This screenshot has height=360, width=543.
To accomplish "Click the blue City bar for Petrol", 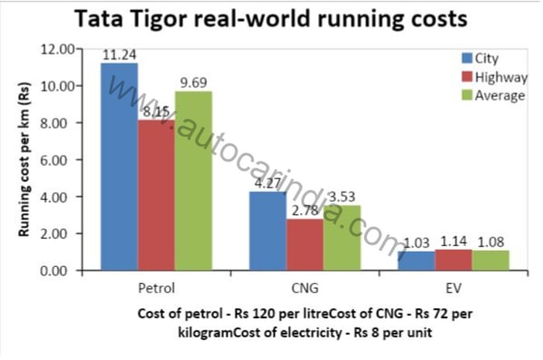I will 119,167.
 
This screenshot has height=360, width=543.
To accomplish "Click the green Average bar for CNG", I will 341,238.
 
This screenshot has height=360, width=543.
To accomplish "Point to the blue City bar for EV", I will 416,261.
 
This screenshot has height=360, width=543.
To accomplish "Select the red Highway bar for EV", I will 453,261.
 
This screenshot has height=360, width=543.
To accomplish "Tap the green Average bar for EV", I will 490,261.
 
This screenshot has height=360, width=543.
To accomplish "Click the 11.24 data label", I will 119,54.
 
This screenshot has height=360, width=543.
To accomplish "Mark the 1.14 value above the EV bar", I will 453,242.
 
